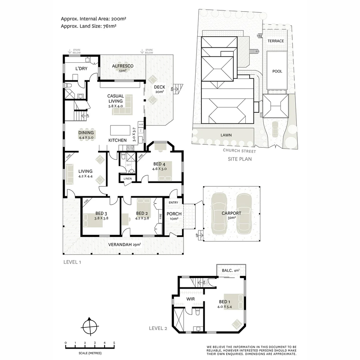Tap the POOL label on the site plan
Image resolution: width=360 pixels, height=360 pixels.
point(277,71)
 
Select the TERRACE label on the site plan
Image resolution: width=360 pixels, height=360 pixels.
point(276,41)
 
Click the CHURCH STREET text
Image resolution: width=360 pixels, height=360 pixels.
point(239,151)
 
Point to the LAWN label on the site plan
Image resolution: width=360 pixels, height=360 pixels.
point(226,135)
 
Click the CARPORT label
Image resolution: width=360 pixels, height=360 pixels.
point(232,213)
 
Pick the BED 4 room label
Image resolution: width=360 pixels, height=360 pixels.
point(159,164)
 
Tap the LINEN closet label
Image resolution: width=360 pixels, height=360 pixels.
point(127,179)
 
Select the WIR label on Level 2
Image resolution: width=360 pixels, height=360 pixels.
point(190,299)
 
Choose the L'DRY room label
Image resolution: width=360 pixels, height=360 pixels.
point(81,69)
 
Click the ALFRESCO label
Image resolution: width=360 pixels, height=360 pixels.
point(122,66)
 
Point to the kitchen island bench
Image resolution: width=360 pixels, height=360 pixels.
point(120,130)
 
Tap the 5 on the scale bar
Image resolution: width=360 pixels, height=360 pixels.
point(114,343)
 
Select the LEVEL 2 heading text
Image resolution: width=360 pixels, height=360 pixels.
point(158,328)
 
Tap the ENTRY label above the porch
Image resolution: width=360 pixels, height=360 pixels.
point(173,203)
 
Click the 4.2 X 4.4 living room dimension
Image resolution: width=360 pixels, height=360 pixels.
point(85,176)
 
